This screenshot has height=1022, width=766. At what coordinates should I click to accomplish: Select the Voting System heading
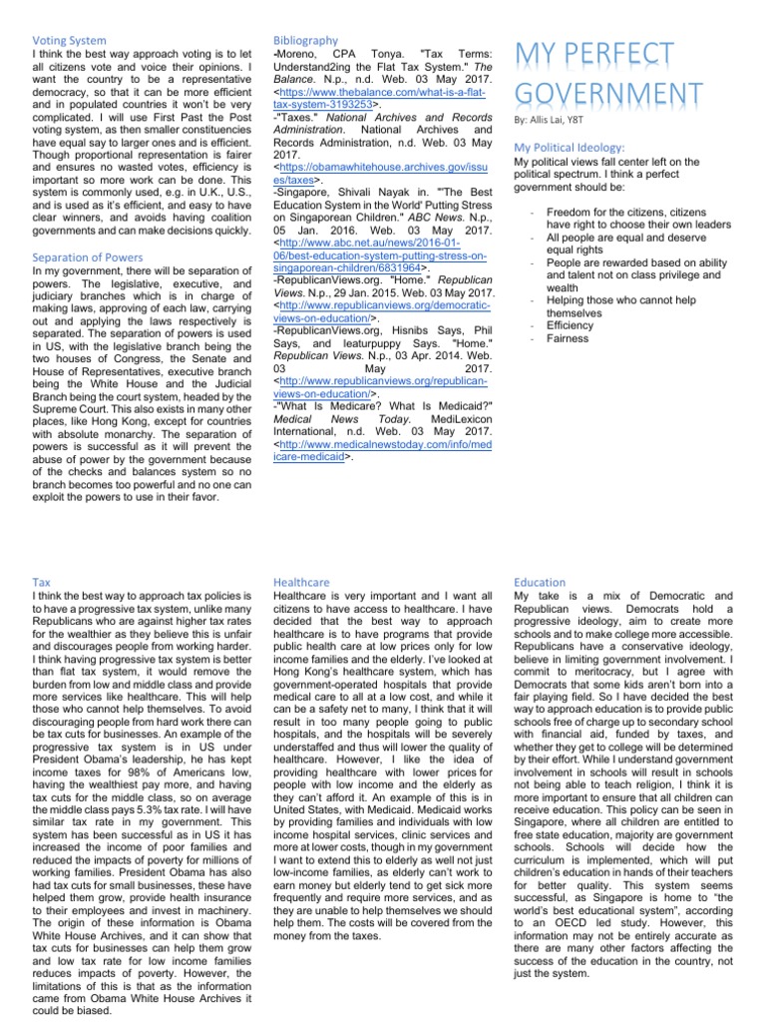[x=71, y=41]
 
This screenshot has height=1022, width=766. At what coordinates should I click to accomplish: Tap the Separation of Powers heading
[x=89, y=257]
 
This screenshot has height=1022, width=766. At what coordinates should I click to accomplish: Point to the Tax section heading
[x=42, y=581]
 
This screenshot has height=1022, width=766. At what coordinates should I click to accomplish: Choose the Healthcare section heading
[x=305, y=581]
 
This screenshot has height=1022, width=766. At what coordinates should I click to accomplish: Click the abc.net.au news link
[x=379, y=255]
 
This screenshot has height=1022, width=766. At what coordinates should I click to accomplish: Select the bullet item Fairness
[x=569, y=338]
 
